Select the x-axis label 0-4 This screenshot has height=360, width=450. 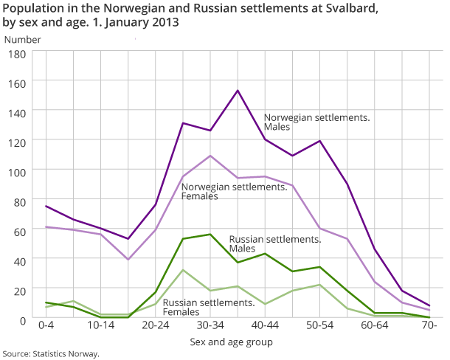coord(46,325)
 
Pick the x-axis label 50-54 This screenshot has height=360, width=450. coord(319,325)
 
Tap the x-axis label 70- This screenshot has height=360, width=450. coord(429,325)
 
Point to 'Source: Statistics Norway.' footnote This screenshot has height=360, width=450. coord(51,354)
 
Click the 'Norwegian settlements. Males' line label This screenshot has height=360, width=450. coord(316,122)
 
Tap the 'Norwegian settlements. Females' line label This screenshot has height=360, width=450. coord(234,192)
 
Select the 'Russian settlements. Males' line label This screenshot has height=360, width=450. coord(274,244)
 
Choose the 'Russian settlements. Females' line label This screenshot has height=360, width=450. coord(209,308)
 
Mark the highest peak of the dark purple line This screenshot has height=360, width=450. coord(238,91)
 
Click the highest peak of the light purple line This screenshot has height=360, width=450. coord(210,156)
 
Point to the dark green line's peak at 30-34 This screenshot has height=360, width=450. coord(210,235)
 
